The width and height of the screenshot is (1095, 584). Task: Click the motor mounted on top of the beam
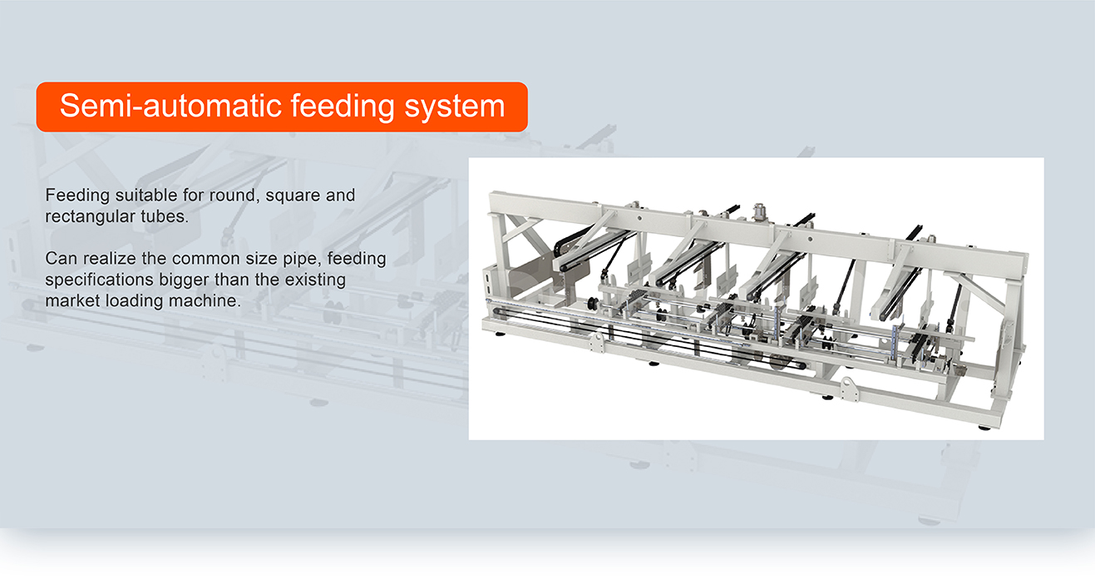[758, 213]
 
